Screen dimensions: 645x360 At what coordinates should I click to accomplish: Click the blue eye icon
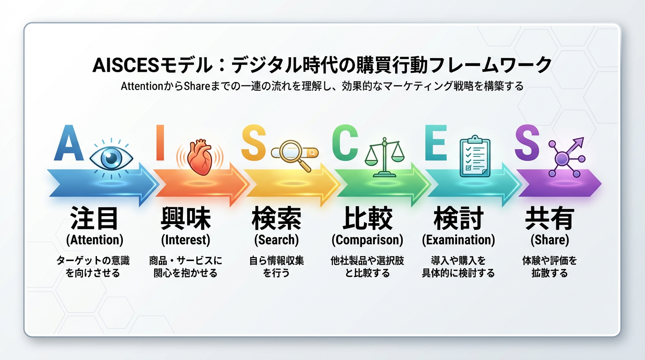pyautogui.click(x=111, y=158)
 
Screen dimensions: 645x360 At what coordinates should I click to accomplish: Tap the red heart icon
pyautogui.click(x=201, y=157)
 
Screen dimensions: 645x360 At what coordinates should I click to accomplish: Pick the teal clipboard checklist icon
pyautogui.click(x=475, y=156)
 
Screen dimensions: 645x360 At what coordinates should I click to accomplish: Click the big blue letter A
pyautogui.click(x=69, y=142)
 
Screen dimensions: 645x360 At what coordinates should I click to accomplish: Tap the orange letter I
pyautogui.click(x=160, y=142)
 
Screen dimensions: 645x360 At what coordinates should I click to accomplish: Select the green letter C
pyautogui.click(x=345, y=142)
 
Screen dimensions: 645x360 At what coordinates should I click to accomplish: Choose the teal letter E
pyautogui.click(x=436, y=142)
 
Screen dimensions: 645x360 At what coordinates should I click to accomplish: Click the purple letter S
pyautogui.click(x=527, y=142)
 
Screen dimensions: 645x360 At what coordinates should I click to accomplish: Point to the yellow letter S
pyautogui.click(x=254, y=142)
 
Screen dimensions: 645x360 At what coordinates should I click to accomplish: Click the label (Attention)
pyautogui.click(x=95, y=240)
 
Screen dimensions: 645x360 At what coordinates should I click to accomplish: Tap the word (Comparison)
pyautogui.click(x=367, y=240)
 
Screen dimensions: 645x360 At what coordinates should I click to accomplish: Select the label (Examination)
pyautogui.click(x=458, y=240)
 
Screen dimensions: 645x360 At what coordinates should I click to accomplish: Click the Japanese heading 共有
pyautogui.click(x=550, y=218)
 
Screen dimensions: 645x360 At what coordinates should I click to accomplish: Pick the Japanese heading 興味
pyautogui.click(x=186, y=218)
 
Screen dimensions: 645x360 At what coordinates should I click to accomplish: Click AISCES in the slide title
pyautogui.click(x=126, y=65)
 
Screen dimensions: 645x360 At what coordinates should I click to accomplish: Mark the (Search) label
pyautogui.click(x=277, y=240)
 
